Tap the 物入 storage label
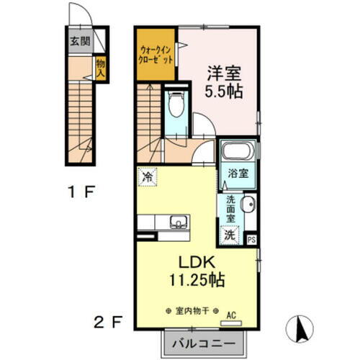(x=101, y=68)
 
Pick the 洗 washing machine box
(x=230, y=233)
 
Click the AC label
(x=232, y=315)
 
